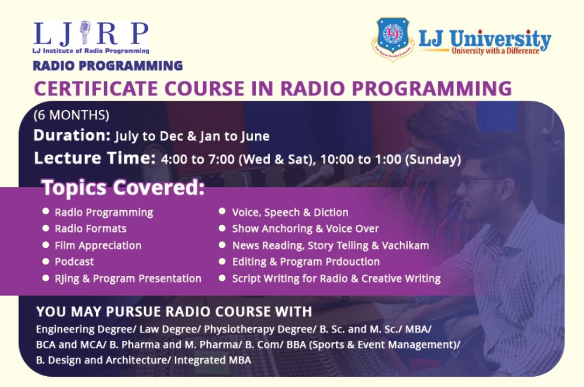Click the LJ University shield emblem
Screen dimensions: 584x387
393,38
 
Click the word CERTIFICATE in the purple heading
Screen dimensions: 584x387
96,88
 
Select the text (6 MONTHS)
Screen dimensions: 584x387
71,115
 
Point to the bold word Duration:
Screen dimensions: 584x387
72,135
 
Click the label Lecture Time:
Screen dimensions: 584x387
95,158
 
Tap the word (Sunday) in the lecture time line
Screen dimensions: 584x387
433,160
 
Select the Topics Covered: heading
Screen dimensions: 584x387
123,188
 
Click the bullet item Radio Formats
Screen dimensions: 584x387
90,228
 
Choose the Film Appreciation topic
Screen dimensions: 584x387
98,246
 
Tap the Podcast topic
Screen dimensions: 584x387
74,261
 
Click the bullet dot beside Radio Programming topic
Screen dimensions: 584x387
46,211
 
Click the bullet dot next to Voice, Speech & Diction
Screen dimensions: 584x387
222,211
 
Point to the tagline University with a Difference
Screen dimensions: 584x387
495,51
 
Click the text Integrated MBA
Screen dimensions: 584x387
212,360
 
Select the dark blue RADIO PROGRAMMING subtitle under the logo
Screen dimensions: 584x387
107,66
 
